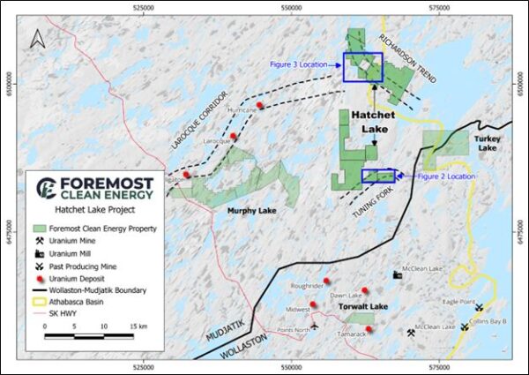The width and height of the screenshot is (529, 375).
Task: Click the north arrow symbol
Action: click(x=36, y=38)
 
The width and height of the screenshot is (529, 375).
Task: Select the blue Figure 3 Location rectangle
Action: click(x=362, y=68)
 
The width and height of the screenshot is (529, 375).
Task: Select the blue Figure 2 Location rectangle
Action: click(x=379, y=176)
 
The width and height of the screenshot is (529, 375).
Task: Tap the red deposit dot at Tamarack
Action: click(x=369, y=329)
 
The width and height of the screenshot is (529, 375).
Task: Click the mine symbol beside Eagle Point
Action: click(x=479, y=309)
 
